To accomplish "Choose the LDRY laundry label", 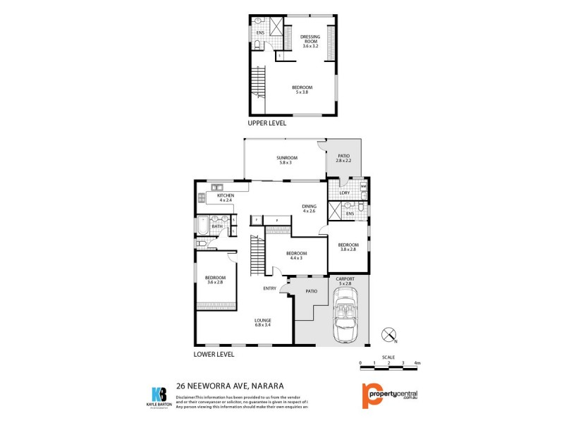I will [345, 192].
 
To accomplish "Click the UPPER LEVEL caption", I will [267, 123].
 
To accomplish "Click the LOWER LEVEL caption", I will [214, 353].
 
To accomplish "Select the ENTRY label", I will [269, 288].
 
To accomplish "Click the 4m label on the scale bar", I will [417, 362].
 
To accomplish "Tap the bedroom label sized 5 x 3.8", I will [302, 89].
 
